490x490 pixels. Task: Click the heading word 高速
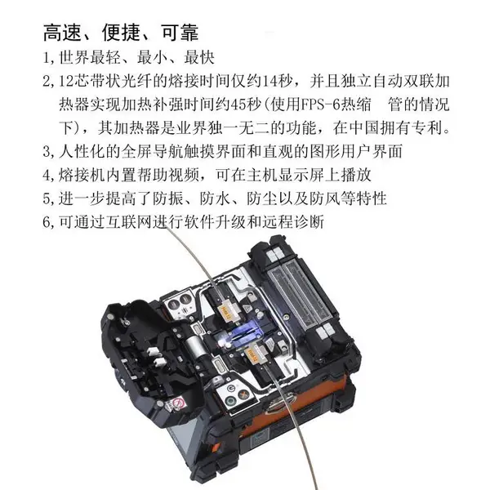tap(62, 32)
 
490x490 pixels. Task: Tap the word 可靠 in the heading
tap(180, 32)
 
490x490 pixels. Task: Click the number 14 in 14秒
tap(269, 82)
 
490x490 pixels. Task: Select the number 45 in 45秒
tap(238, 105)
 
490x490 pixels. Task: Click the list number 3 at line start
tap(47, 152)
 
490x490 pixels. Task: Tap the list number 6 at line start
tap(47, 222)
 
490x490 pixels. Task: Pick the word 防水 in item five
tap(215, 198)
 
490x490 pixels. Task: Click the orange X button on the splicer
tap(243, 394)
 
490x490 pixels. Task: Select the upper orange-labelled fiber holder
tap(224, 310)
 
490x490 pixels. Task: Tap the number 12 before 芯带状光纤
tap(66, 82)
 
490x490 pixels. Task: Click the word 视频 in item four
tap(184, 176)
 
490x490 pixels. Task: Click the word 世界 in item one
tap(74, 58)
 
